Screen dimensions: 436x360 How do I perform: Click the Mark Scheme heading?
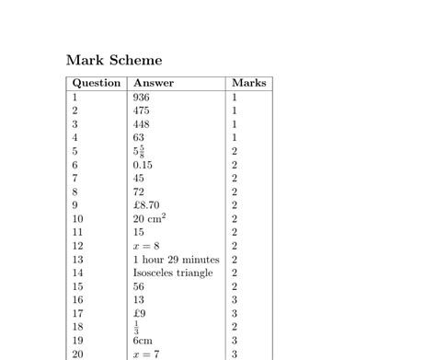[x=114, y=60]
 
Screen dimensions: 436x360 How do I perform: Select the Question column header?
[x=97, y=83]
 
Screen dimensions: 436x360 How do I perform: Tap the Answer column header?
[x=153, y=83]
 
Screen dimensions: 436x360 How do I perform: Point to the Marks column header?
[x=248, y=83]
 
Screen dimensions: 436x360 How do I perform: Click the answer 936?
[x=141, y=97]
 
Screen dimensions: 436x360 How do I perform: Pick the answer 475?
[x=141, y=110]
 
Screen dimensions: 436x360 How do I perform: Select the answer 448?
[x=141, y=124]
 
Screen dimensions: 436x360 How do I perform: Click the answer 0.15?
[x=143, y=165]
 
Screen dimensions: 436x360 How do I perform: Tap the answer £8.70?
[x=146, y=205]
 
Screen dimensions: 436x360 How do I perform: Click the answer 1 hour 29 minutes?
[x=176, y=260]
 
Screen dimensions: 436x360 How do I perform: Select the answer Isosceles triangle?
[x=173, y=273]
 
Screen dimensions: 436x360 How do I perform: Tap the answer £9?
[x=139, y=313]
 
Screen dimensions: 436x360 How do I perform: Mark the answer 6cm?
[x=143, y=341]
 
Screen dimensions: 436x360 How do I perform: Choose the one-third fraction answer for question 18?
[x=136, y=327]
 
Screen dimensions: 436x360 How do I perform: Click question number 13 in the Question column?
[x=77, y=260]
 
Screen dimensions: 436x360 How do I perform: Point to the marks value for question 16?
[x=235, y=300]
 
